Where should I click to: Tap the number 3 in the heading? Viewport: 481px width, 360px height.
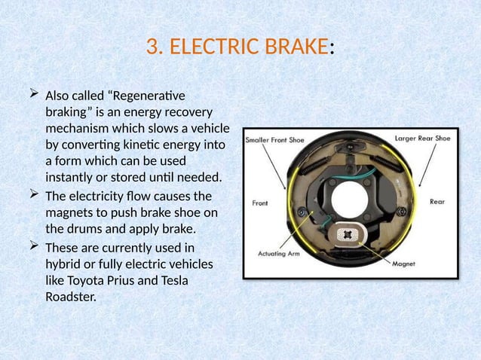click(153, 47)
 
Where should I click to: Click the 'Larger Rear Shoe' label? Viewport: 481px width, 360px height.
click(423, 138)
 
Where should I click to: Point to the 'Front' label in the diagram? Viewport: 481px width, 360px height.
click(259, 202)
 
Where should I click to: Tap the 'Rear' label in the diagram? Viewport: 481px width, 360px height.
click(437, 201)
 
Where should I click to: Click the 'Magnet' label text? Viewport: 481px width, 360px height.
click(404, 264)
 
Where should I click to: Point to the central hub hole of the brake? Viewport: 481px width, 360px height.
click(351, 197)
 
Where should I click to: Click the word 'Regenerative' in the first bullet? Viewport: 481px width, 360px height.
click(152, 96)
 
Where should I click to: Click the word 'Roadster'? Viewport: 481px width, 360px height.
click(71, 297)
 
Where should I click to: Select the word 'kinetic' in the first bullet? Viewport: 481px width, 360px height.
click(140, 146)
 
